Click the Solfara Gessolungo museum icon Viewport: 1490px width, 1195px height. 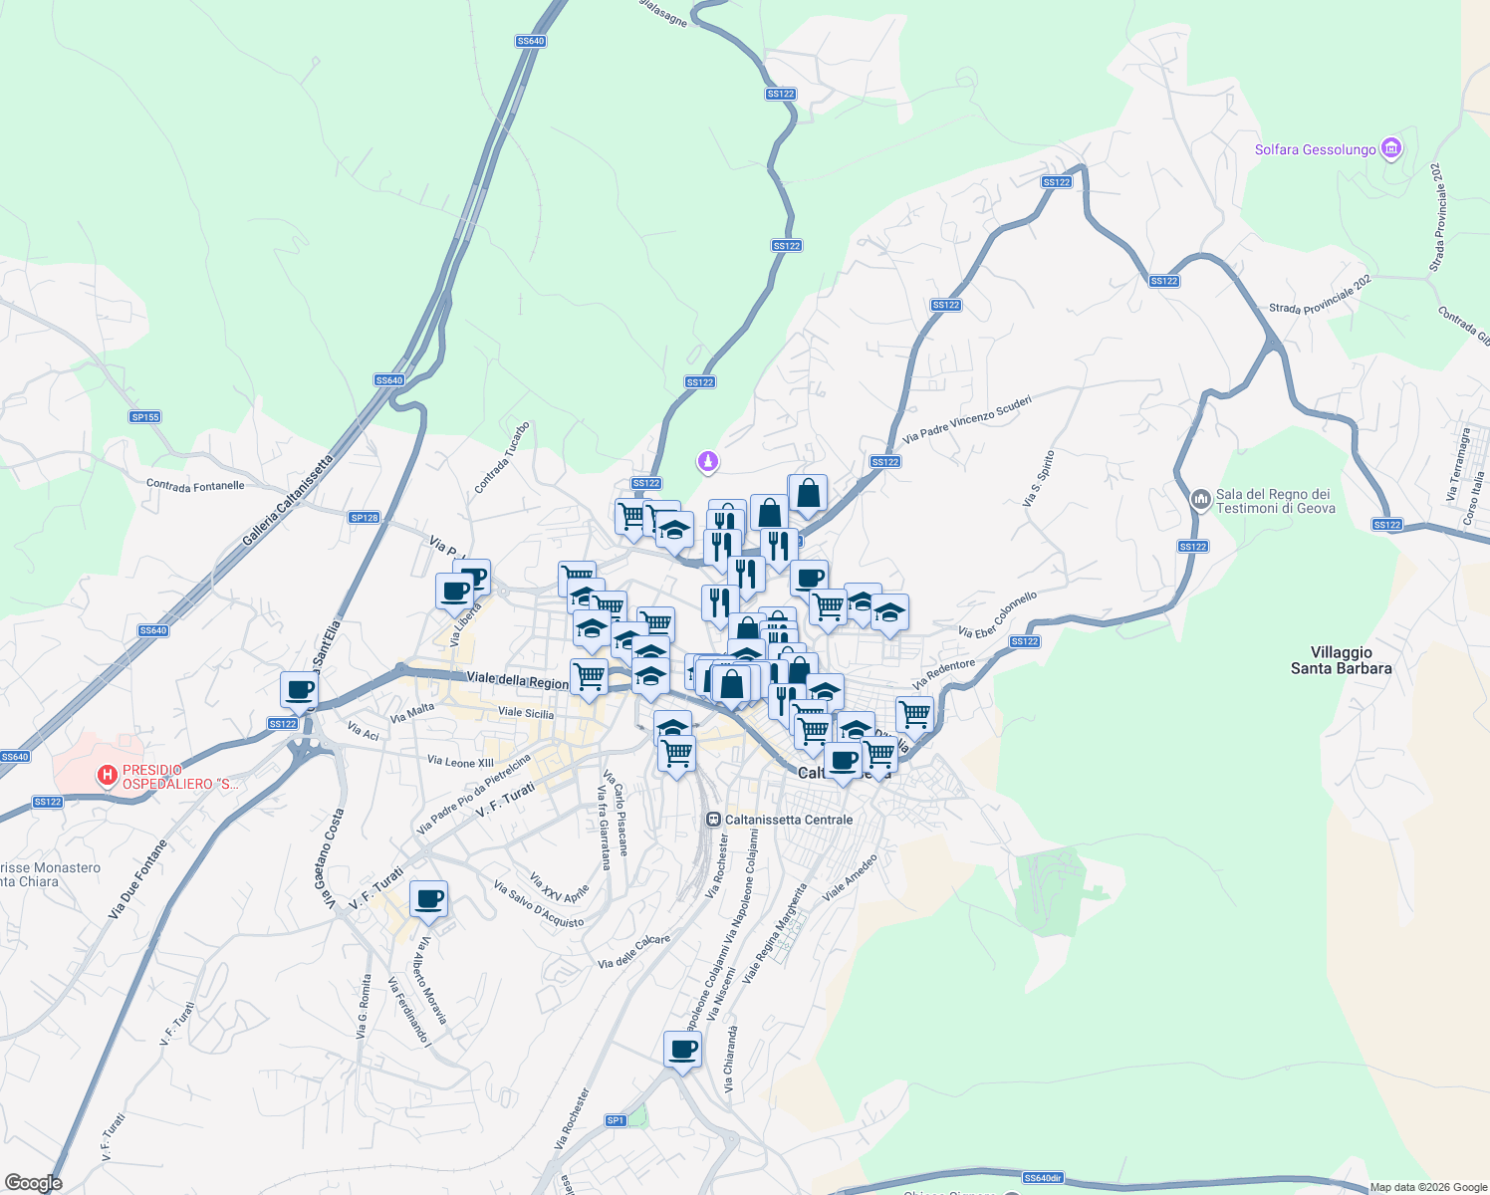coord(1391,149)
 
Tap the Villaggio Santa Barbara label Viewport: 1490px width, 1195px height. coord(1341,660)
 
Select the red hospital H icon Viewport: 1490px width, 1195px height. coord(107,775)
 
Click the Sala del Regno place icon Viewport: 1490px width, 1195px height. coord(1200,498)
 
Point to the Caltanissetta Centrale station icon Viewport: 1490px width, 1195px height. coord(713,820)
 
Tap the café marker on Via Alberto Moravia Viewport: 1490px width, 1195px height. coord(428,900)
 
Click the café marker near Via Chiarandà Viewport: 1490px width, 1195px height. coord(682,1050)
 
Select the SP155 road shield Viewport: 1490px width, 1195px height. coord(145,417)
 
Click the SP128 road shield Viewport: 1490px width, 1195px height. coord(365,518)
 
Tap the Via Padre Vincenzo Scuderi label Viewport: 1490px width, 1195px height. coord(966,419)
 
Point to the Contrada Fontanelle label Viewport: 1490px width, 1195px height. coord(195,485)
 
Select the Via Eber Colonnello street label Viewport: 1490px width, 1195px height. coord(997,614)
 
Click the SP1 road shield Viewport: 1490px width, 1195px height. coord(616,1120)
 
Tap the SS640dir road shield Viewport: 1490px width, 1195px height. coord(1042,1178)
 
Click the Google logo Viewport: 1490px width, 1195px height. coord(33,1182)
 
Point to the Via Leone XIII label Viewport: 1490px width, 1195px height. coord(460,762)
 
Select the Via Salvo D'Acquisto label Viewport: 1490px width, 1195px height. coord(539,903)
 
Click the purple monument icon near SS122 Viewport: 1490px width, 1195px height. coord(707,461)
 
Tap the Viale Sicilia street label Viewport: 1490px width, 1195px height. coord(526,713)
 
